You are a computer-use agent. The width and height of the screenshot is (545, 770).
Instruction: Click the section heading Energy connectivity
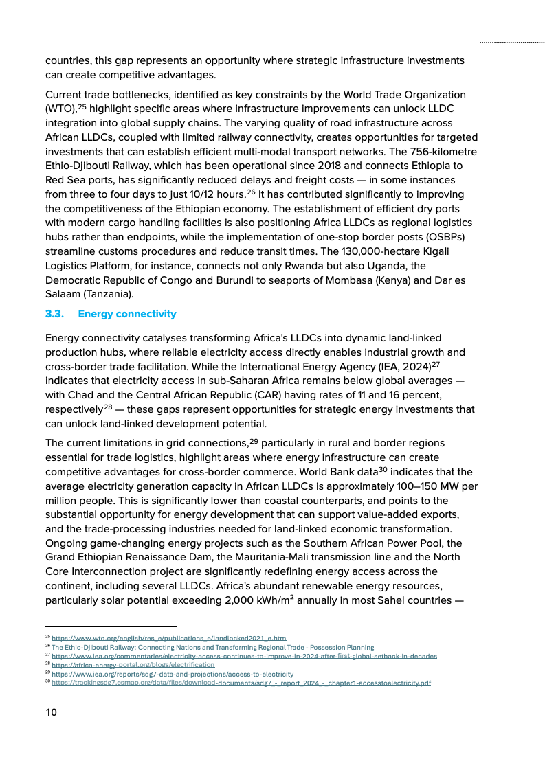tap(127, 314)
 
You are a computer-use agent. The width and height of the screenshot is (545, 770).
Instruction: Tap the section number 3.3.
tap(54, 314)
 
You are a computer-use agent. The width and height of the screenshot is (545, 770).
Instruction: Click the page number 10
tap(52, 712)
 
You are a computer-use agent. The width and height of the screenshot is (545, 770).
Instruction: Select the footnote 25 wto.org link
tap(168, 639)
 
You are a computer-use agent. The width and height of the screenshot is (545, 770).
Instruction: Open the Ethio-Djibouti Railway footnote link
tap(213, 647)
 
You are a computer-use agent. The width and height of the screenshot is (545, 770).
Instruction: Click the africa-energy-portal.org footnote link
tap(133, 665)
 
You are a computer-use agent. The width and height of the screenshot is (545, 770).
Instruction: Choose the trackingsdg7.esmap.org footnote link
tap(241, 683)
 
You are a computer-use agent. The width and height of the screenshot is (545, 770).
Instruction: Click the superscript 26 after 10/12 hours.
tap(251, 192)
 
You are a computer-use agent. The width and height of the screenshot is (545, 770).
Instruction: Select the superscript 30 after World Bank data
tap(383, 470)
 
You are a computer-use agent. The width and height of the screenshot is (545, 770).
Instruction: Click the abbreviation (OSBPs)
tap(445, 237)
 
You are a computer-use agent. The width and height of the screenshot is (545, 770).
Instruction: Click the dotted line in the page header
tap(512, 43)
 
